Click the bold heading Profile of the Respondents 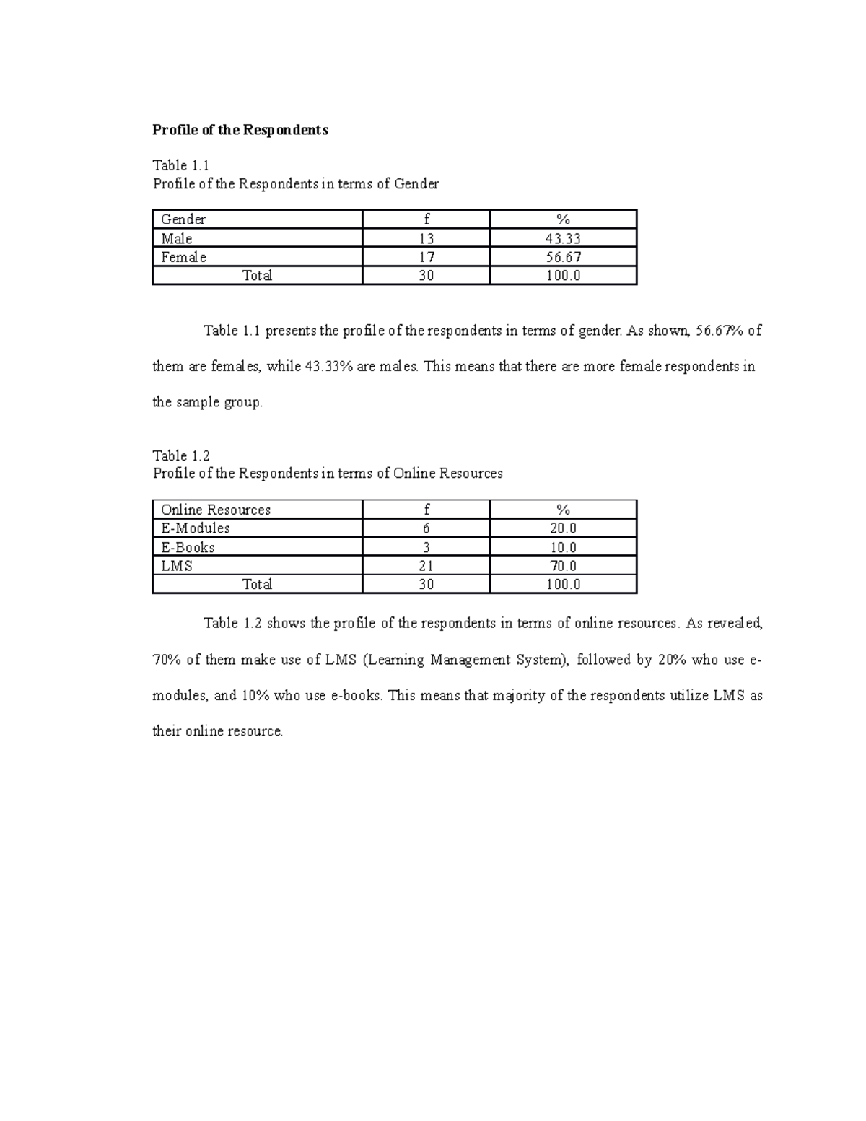pyautogui.click(x=240, y=130)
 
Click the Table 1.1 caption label pyautogui.click(x=180, y=165)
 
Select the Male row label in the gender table pyautogui.click(x=177, y=238)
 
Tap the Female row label pyautogui.click(x=183, y=257)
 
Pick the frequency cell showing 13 pyautogui.click(x=426, y=238)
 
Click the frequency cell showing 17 pyautogui.click(x=426, y=257)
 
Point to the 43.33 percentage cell pyautogui.click(x=563, y=238)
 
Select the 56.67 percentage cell pyautogui.click(x=563, y=257)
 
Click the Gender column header pyautogui.click(x=183, y=219)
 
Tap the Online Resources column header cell pyautogui.click(x=216, y=510)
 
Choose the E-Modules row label pyautogui.click(x=196, y=528)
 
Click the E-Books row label pyautogui.click(x=188, y=547)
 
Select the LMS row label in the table pyautogui.click(x=177, y=566)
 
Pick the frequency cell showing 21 pyautogui.click(x=426, y=566)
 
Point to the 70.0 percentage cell pyautogui.click(x=563, y=566)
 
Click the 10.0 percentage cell pyautogui.click(x=563, y=547)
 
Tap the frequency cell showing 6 pyautogui.click(x=426, y=528)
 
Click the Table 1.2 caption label pyautogui.click(x=181, y=455)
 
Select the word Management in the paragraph pyautogui.click(x=470, y=660)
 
